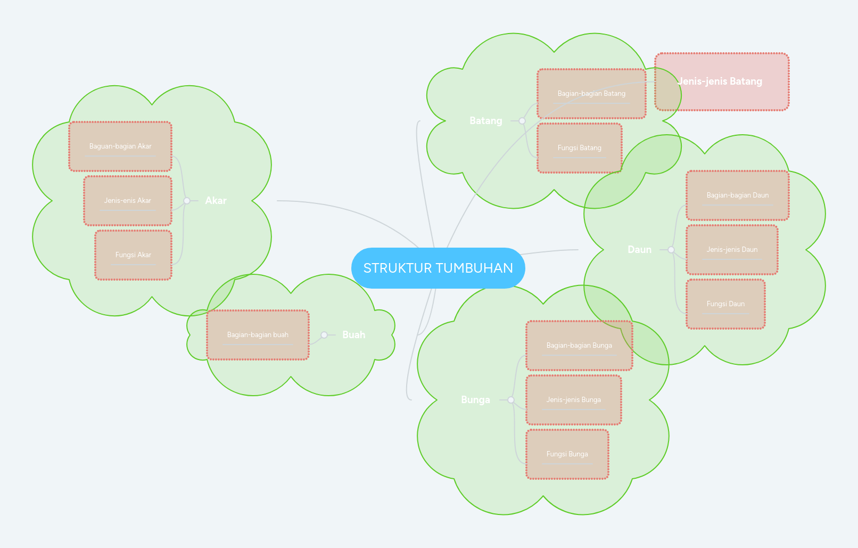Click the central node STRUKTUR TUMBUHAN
coord(438,268)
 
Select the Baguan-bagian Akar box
coord(120,146)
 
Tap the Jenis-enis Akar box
coord(128,201)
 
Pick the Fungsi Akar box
coord(133,255)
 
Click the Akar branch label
coord(216,201)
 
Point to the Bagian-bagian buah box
coord(258,335)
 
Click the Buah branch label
coord(353,335)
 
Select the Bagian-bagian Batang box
coord(591,94)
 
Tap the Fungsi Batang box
coord(579,148)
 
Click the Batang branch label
coord(485,121)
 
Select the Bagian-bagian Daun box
coord(737,195)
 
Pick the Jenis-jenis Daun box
coord(732,250)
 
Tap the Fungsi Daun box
coord(725,304)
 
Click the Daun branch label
coord(639,250)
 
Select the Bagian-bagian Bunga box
coord(579,346)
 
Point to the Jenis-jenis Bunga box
coord(573,400)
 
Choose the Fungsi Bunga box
coord(567,454)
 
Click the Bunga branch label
coord(475,400)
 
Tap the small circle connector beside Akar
coord(187,201)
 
